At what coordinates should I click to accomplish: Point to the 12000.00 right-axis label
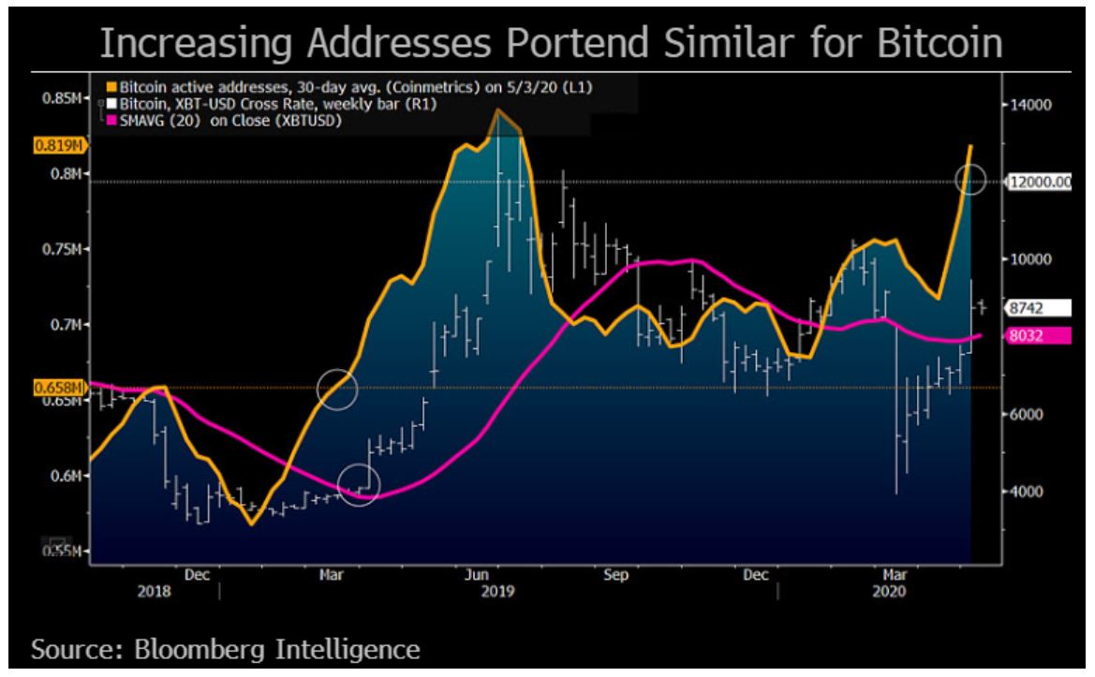(1039, 183)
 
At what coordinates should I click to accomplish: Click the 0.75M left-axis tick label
(65, 249)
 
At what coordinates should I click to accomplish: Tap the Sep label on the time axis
(615, 577)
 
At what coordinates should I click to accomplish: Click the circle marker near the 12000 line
(971, 178)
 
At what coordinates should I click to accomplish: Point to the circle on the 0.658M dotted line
(337, 388)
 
